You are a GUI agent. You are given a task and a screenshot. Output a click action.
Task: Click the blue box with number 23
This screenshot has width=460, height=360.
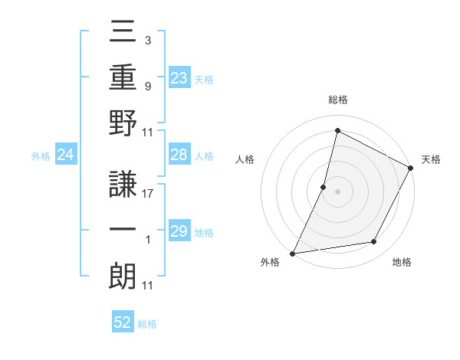pos(179,78)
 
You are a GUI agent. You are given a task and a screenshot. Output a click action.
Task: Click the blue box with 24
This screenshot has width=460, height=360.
pos(65,155)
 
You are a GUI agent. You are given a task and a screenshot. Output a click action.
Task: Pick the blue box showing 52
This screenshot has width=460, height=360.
pos(123,322)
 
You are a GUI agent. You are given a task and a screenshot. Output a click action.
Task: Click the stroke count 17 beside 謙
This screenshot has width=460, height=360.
pos(148,194)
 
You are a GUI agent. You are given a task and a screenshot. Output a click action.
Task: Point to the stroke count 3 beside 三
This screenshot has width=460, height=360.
pos(147,40)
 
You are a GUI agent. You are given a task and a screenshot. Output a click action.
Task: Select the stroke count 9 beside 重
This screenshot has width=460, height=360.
pos(147,86)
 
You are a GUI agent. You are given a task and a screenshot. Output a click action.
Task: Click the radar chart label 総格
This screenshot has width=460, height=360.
pos(337,100)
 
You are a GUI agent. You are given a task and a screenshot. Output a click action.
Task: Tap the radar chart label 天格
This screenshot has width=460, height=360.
pos(431,159)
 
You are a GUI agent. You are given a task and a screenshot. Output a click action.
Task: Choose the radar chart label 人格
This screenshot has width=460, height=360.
pos(245,159)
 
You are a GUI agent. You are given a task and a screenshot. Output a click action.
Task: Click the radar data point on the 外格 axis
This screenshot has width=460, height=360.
pos(292,253)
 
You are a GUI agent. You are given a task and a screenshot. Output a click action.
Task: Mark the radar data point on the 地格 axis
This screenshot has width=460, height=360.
pos(374,242)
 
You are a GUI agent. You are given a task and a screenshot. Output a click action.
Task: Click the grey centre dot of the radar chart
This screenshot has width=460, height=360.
pos(337,191)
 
